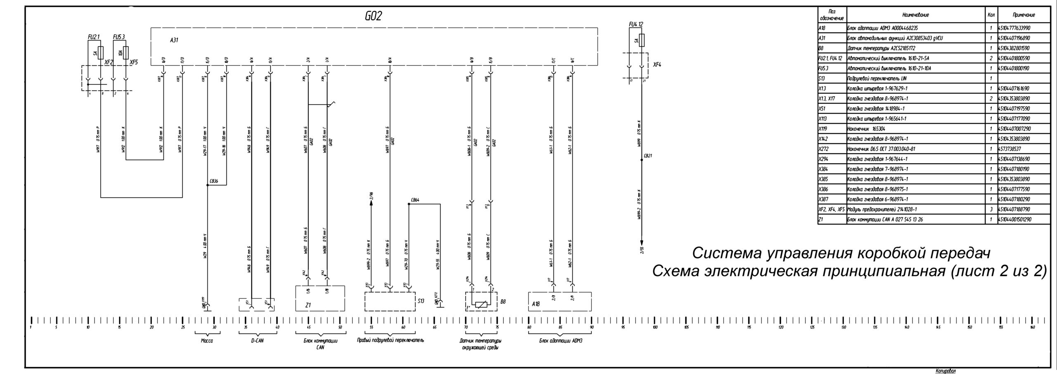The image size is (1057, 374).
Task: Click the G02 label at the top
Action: (x=373, y=16)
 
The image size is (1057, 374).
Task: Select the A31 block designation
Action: (x=174, y=40)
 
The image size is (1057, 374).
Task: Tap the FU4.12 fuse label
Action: (x=636, y=25)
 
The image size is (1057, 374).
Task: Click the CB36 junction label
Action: (x=214, y=181)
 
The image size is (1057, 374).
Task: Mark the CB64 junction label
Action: (x=415, y=200)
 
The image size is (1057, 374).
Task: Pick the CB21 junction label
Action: (x=648, y=156)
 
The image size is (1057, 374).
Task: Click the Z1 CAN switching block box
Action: (x=320, y=298)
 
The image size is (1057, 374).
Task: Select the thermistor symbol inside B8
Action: (x=482, y=305)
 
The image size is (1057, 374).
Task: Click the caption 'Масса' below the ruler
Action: (x=206, y=341)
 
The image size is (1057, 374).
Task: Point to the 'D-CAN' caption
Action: (x=257, y=341)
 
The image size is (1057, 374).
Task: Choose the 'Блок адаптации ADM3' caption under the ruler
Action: (x=561, y=341)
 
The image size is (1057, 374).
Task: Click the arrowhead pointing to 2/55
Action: (x=642, y=244)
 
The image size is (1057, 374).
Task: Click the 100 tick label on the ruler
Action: (x=655, y=327)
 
